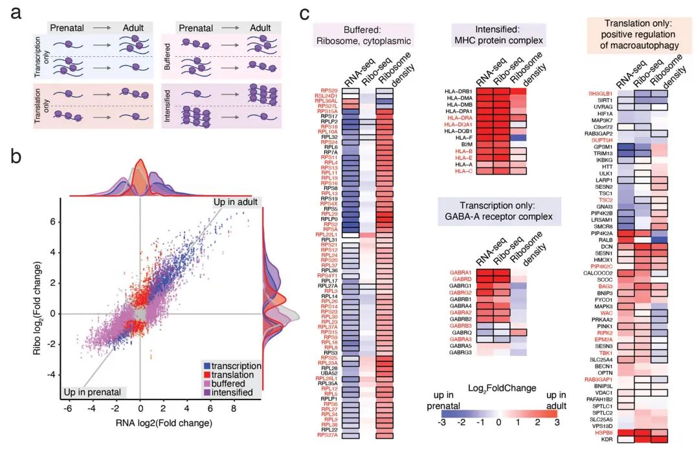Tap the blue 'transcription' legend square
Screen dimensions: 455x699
206,365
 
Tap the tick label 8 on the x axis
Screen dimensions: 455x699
234,409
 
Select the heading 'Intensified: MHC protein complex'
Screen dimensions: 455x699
500,35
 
